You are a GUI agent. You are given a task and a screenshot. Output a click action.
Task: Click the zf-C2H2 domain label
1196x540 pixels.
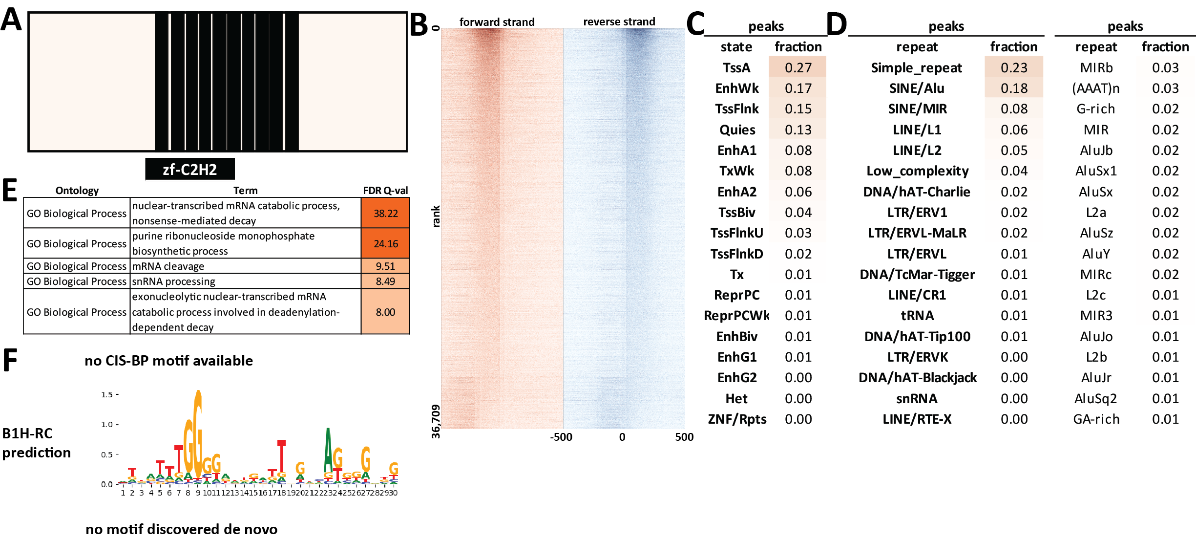click(x=189, y=170)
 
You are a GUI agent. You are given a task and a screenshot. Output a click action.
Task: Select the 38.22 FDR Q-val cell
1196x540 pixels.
click(x=385, y=213)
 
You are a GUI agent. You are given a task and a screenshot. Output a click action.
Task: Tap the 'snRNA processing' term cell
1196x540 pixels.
click(x=173, y=281)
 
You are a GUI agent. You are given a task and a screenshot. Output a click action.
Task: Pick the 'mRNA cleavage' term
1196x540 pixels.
click(x=168, y=266)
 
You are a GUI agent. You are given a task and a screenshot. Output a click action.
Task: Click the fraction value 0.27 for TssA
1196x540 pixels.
click(x=798, y=67)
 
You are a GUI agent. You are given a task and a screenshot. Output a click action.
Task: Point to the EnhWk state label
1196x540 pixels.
click(x=736, y=88)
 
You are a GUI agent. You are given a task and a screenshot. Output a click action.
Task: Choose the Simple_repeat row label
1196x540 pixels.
click(x=916, y=67)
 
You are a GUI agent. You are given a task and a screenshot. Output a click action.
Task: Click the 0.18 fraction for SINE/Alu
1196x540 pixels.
click(x=1014, y=88)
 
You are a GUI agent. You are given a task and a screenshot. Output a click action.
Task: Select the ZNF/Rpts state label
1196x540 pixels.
click(x=737, y=419)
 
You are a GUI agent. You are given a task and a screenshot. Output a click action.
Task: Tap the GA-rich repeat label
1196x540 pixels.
click(x=1096, y=419)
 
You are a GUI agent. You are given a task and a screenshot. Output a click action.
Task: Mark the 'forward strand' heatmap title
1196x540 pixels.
click(x=497, y=22)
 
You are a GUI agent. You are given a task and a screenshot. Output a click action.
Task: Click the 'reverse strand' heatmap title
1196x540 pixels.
click(x=619, y=22)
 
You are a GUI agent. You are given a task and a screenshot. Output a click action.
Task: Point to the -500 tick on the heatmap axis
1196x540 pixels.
click(x=561, y=437)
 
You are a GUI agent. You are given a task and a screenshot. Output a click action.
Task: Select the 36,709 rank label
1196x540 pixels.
click(x=436, y=421)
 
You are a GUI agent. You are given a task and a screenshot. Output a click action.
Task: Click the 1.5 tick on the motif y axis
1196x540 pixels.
click(x=107, y=394)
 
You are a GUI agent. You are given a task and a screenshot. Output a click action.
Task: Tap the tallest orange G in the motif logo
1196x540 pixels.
click(x=197, y=430)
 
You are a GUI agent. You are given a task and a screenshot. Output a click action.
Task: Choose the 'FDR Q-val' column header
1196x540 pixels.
click(x=385, y=191)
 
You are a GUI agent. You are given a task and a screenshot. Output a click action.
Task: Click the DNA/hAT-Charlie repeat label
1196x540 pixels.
click(x=916, y=192)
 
